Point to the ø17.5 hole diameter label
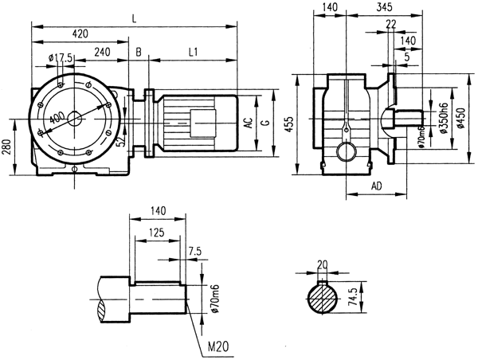coord(61,57)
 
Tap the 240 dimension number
coord(102,52)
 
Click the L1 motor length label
coord(194,52)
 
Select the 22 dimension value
coord(390,25)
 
